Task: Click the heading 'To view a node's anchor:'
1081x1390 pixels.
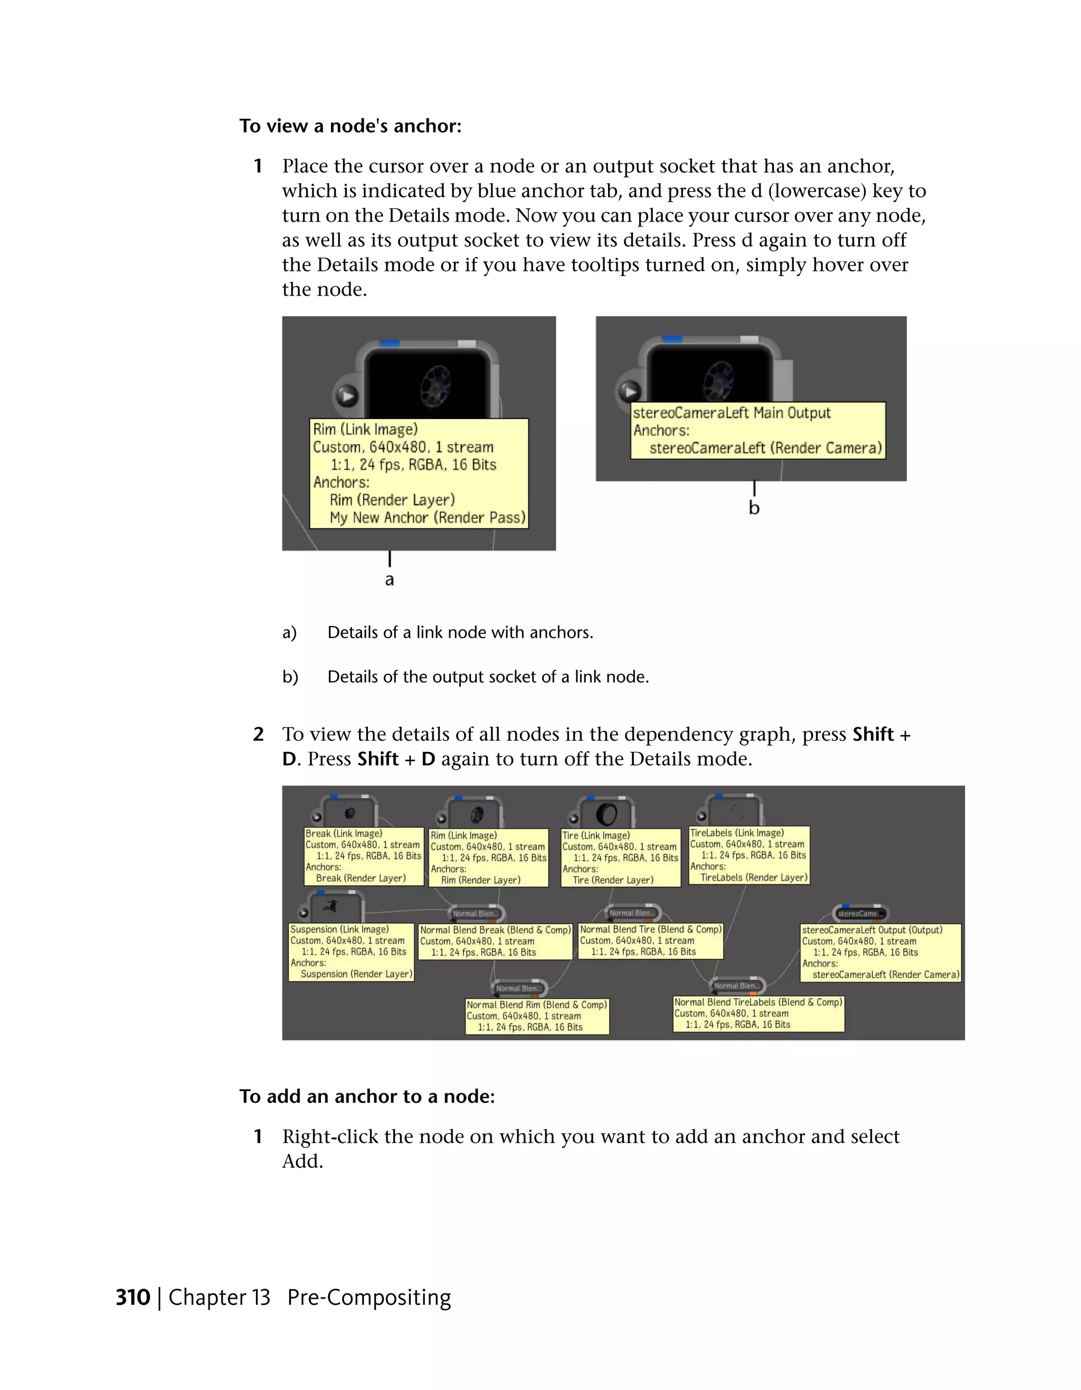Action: click(x=350, y=126)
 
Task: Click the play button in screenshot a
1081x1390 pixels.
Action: click(x=347, y=396)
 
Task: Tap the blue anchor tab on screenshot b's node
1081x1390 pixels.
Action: click(x=672, y=339)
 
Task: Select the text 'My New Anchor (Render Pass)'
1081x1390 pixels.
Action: click(x=428, y=517)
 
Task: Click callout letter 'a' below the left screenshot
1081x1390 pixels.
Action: click(x=390, y=580)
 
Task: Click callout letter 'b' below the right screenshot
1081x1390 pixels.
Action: click(x=754, y=508)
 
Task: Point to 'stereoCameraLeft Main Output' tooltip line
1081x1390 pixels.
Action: click(x=732, y=413)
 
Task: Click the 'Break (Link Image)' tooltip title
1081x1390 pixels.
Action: click(x=344, y=834)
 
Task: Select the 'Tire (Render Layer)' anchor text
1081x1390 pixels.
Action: click(x=613, y=880)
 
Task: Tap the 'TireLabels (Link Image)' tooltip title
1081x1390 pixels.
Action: click(x=737, y=833)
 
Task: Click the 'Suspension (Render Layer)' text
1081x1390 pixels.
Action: click(x=356, y=974)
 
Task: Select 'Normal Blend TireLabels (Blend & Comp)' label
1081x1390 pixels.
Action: click(x=758, y=1003)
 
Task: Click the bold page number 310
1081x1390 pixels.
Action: click(x=132, y=1297)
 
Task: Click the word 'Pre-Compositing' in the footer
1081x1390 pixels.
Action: click(x=369, y=1297)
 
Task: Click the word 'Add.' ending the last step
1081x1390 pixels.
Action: click(x=303, y=1161)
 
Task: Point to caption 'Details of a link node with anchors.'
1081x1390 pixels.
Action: click(x=460, y=632)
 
